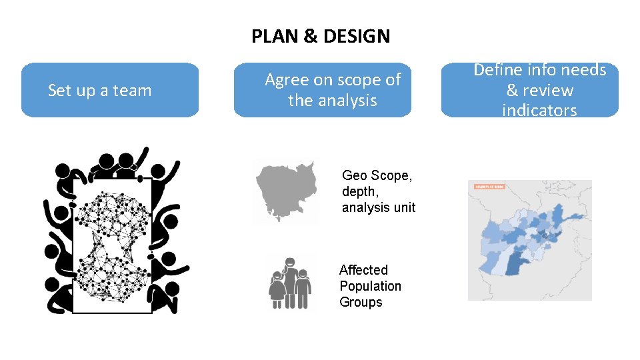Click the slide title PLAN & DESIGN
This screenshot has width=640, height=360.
[x=321, y=36]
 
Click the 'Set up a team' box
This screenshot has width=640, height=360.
[x=110, y=90]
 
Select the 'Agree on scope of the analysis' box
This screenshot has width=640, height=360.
[x=323, y=90]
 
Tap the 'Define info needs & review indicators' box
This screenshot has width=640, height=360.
[x=530, y=90]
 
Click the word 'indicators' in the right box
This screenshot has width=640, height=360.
[x=539, y=110]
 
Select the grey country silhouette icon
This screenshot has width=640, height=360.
[x=285, y=189]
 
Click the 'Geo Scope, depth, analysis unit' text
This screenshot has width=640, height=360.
[x=378, y=191]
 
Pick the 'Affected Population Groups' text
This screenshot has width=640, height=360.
[x=370, y=286]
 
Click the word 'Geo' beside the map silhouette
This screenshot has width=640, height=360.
[x=355, y=176]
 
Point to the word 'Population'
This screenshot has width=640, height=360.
[x=370, y=286]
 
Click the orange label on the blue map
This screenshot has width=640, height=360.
[x=489, y=187]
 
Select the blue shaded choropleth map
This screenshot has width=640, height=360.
[x=529, y=241]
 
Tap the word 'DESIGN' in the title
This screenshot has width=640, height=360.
[x=357, y=36]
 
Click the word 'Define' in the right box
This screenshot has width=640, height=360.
[x=498, y=70]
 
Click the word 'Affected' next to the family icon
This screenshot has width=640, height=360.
[x=363, y=270]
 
